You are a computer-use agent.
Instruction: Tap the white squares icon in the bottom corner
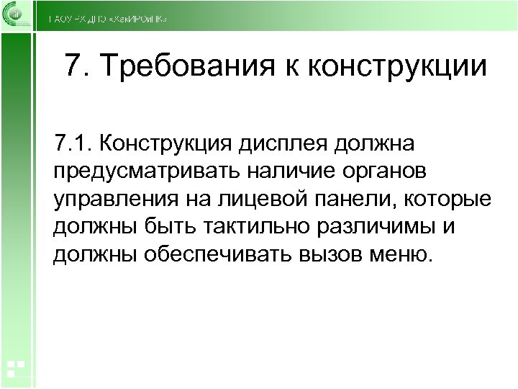[x=16, y=369]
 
